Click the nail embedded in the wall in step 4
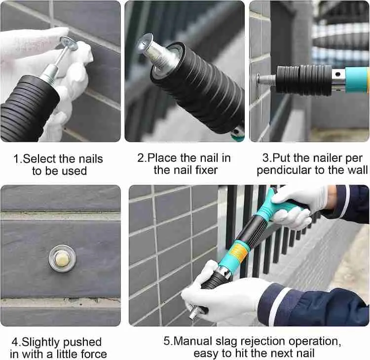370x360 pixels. (61, 258)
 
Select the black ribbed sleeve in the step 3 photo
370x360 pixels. (303, 79)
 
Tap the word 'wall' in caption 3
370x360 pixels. (357, 170)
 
